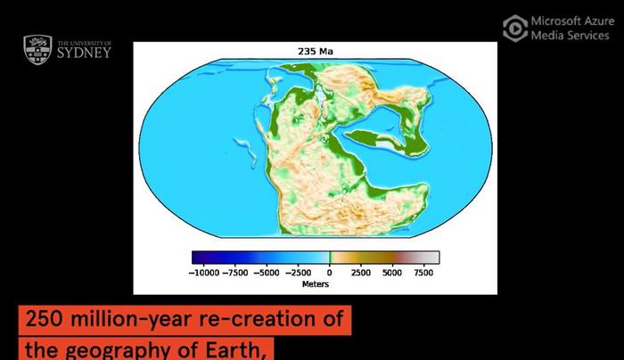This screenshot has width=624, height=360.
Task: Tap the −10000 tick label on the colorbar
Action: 209,273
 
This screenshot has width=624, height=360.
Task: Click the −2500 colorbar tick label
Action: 300,273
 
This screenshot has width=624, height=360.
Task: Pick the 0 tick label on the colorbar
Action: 329,273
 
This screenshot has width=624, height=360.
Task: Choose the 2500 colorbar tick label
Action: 361,273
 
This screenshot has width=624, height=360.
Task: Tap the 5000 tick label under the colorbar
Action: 392,273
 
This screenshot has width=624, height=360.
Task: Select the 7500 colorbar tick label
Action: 422,273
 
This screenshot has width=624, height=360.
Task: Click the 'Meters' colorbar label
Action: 316,284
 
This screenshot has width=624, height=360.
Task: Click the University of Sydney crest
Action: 37,50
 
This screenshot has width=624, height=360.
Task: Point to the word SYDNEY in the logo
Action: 84,53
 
